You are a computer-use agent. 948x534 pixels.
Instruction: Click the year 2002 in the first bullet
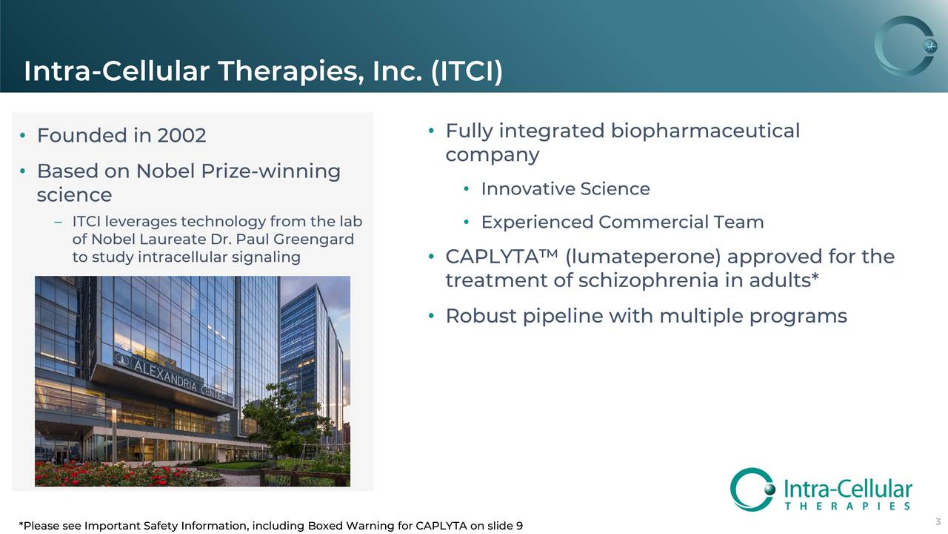(181, 136)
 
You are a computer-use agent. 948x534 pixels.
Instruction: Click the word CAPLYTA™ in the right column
(501, 257)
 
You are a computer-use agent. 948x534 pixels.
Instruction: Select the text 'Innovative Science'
(565, 189)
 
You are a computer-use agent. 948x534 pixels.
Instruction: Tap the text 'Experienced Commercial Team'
(622, 222)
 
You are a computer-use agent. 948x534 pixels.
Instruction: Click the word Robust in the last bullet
(481, 317)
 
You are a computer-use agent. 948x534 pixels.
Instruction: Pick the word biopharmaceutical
(705, 131)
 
